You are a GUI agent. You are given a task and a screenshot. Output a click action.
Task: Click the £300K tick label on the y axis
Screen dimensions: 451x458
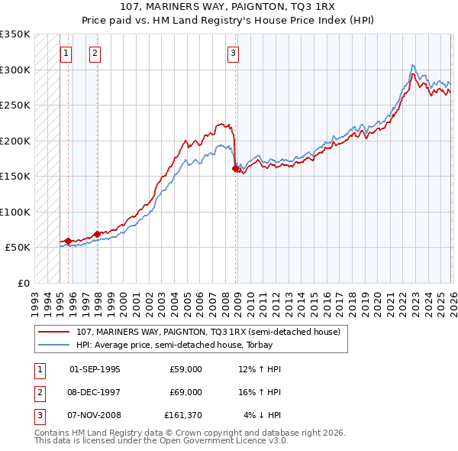point(15,70)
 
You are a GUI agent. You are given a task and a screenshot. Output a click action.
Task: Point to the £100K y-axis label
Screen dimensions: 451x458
point(15,212)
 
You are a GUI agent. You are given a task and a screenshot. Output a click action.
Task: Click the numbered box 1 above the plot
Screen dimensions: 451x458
point(66,54)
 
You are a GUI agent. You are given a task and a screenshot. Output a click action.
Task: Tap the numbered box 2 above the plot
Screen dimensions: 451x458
point(95,54)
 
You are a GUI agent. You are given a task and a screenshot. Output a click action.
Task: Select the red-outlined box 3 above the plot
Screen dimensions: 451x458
point(233,54)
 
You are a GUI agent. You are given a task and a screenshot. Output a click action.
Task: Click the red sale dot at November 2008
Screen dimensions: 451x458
point(235,169)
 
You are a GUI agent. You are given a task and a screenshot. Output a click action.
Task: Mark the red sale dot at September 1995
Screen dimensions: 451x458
point(68,241)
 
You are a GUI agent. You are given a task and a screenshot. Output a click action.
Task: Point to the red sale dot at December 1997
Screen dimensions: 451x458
point(97,234)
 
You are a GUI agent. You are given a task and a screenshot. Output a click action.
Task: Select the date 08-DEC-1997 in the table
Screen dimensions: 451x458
point(95,391)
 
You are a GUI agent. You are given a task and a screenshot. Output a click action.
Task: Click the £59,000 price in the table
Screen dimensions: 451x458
point(185,368)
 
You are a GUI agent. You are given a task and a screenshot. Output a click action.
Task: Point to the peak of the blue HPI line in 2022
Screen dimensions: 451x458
point(412,65)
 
